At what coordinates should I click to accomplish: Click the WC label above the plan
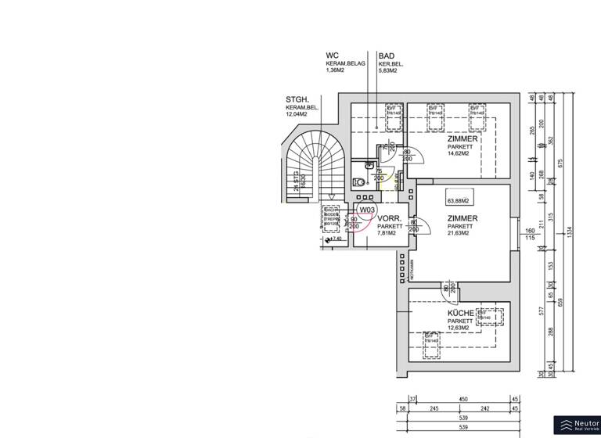tap(332, 56)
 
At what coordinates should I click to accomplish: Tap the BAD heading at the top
tap(386, 56)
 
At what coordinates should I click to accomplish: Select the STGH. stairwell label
tap(297, 100)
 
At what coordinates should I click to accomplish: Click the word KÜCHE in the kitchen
tap(462, 313)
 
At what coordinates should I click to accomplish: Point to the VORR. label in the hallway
tap(390, 218)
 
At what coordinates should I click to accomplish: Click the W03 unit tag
tap(367, 210)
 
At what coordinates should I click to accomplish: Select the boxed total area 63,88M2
tap(462, 201)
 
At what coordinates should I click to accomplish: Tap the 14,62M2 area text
tap(458, 153)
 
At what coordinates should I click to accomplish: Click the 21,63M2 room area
tap(458, 233)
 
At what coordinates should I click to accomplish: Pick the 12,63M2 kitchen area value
tap(458, 328)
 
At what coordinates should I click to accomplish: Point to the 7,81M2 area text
tap(389, 233)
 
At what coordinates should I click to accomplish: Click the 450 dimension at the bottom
tap(463, 400)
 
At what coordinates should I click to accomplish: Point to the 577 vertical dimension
tap(541, 311)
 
